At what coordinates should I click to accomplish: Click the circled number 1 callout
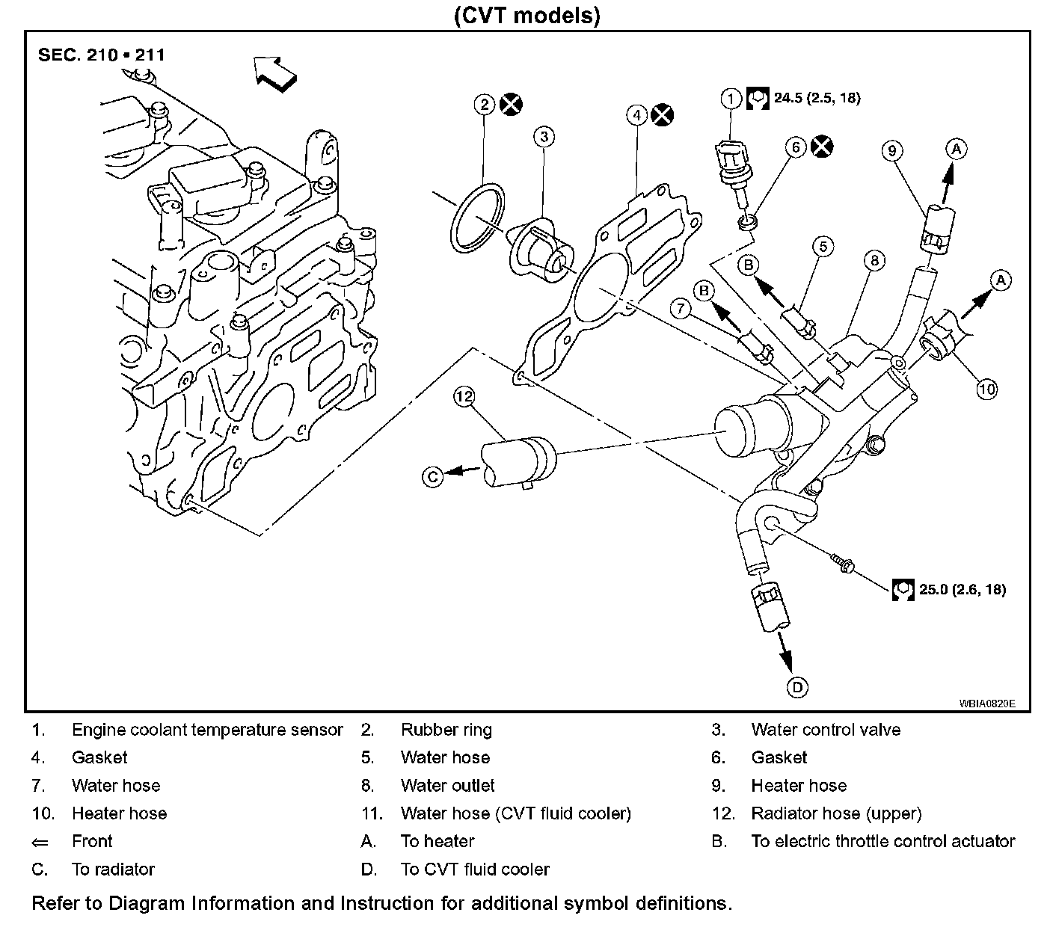click(731, 98)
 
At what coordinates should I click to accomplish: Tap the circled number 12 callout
click(464, 396)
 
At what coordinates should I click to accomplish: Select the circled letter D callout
click(798, 687)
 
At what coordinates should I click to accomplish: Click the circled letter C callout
click(433, 476)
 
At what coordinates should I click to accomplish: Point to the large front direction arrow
click(274, 73)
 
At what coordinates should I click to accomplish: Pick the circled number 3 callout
click(544, 137)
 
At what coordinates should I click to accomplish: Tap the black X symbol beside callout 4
click(662, 115)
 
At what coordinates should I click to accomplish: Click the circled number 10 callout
click(987, 388)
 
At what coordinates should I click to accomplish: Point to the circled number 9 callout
click(891, 150)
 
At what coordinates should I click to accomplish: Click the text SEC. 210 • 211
click(102, 55)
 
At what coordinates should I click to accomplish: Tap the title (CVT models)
click(526, 15)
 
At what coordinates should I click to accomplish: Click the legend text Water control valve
click(826, 730)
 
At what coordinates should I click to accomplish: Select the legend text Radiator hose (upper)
click(836, 813)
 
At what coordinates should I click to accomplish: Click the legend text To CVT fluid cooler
click(475, 870)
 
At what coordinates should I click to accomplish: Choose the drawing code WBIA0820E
click(987, 704)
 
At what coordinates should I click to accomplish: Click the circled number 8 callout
click(874, 260)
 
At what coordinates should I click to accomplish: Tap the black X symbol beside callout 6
click(823, 147)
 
